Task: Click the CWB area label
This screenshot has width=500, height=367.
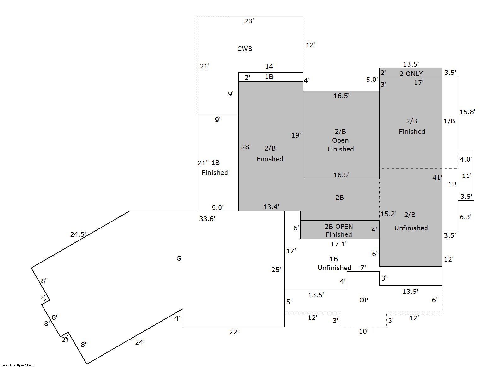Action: [x=245, y=49]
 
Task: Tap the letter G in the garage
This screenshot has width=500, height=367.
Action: [x=179, y=258]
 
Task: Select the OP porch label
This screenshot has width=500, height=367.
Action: [x=364, y=300]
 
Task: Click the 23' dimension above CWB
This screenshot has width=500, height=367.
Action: [x=249, y=21]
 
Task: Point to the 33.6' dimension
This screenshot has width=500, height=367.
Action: [x=207, y=219]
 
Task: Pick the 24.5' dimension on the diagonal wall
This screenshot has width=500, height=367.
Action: [x=78, y=234]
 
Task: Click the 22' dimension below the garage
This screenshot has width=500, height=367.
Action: [x=234, y=332]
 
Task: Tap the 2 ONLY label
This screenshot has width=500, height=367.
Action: [x=411, y=74]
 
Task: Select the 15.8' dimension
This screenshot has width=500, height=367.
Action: [x=467, y=112]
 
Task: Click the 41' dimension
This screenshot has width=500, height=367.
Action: [x=437, y=178]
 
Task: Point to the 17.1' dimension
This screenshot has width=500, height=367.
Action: [x=338, y=244]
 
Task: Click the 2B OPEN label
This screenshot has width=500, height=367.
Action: [x=338, y=227]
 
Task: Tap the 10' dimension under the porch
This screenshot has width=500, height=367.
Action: [x=364, y=331]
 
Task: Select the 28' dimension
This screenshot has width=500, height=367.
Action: [x=246, y=147]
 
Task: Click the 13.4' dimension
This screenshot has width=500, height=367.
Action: [x=271, y=207]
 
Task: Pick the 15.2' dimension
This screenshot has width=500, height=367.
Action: [x=389, y=214]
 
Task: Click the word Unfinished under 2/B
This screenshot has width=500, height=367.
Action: [x=411, y=228]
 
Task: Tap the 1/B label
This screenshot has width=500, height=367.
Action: [x=449, y=121]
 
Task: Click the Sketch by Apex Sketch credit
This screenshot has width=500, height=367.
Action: [x=19, y=365]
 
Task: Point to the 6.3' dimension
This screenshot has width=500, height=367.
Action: [x=465, y=217]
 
